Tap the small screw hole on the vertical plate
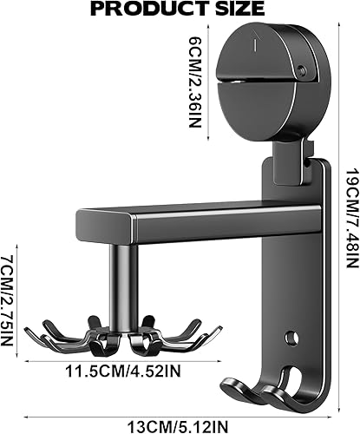click(x=291, y=336)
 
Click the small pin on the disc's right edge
click(x=300, y=72)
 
